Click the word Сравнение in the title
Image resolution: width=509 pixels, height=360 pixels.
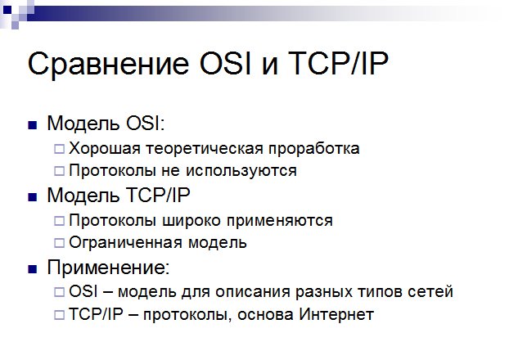coord(108,65)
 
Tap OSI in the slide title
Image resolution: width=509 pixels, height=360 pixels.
coord(225,63)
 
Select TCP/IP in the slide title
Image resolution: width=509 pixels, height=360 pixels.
coord(338,63)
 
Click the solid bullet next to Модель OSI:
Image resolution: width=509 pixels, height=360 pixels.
coord(33,125)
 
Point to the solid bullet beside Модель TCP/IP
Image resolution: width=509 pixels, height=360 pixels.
coord(33,197)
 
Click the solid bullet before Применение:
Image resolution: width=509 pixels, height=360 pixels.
coord(33,269)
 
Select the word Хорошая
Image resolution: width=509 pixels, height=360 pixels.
coord(105,149)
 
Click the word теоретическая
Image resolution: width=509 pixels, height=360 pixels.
coord(205,149)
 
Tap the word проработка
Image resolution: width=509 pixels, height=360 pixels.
coord(314,150)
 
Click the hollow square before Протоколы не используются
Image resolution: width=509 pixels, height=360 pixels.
coord(59,171)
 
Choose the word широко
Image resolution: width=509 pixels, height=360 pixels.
coord(191,221)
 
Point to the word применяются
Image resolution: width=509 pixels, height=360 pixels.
coord(280,222)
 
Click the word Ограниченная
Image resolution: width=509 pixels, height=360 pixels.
coord(126,243)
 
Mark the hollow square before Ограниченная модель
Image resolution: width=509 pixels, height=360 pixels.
coord(59,243)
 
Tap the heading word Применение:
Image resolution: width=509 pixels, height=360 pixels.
coord(108,268)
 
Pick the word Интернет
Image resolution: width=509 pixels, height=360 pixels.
coord(336,314)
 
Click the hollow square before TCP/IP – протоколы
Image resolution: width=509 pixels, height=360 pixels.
coord(59,314)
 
